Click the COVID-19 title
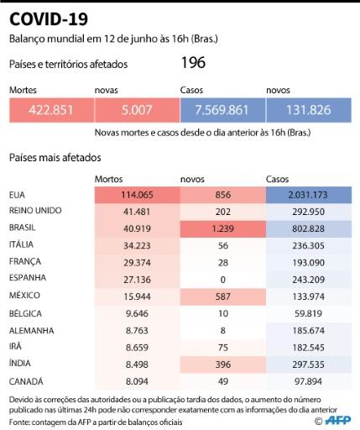click(49, 19)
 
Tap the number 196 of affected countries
click(193, 62)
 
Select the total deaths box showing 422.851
click(51, 110)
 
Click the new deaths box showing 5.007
click(137, 110)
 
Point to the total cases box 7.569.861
click(222, 110)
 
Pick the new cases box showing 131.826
click(309, 110)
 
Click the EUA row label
click(17, 195)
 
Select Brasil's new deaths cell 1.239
click(223, 228)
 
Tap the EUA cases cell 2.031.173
click(309, 195)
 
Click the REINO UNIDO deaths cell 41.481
click(137, 212)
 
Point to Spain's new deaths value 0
click(223, 280)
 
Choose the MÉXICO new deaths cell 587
click(223, 296)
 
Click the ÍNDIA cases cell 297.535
click(309, 364)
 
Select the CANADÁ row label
click(26, 381)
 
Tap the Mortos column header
click(108, 179)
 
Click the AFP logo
click(337, 420)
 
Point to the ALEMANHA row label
click(32, 331)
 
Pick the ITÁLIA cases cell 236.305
click(309, 246)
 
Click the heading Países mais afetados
click(55, 158)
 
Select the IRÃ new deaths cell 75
click(223, 348)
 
